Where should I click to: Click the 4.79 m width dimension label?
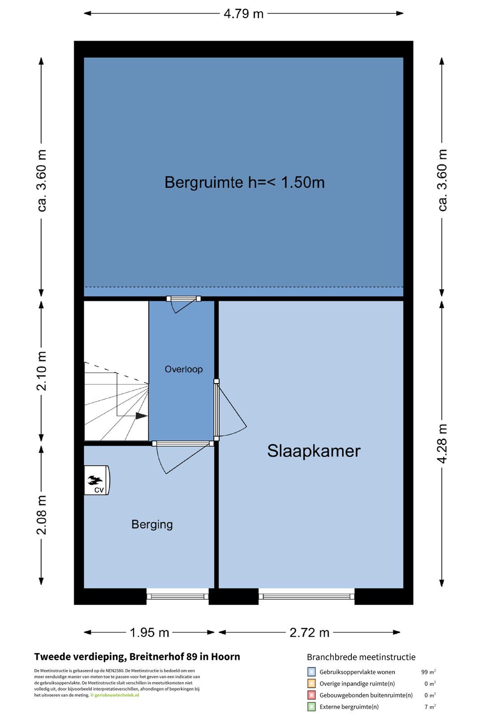click(243, 14)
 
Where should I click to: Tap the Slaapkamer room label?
click(314, 451)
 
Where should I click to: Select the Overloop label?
click(183, 369)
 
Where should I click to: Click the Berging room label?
click(152, 524)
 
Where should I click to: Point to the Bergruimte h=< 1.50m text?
click(244, 182)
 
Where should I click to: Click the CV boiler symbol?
click(97, 480)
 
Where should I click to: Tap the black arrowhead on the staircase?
click(141, 416)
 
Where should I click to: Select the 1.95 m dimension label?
click(149, 632)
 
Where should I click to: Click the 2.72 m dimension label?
click(309, 632)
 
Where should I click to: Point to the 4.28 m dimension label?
click(442, 443)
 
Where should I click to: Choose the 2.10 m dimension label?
click(42, 371)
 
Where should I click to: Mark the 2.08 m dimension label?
click(42, 515)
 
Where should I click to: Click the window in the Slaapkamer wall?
click(307, 596)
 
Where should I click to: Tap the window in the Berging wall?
click(177, 596)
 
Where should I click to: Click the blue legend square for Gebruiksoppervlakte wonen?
click(311, 672)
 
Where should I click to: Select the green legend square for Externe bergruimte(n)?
click(311, 707)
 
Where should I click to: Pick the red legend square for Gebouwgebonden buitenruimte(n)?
click(311, 695)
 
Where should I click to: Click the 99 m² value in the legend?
click(428, 672)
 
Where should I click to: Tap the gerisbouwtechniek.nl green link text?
click(117, 695)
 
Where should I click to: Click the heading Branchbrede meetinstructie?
click(361, 657)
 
